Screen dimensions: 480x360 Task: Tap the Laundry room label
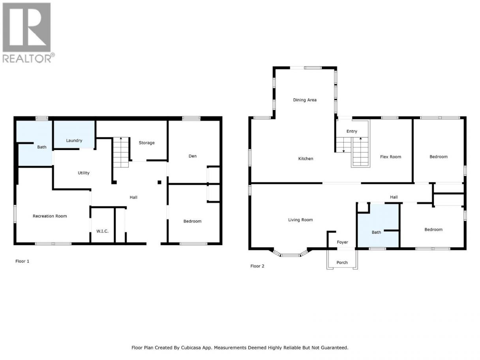tap(74, 141)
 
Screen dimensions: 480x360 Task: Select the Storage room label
tap(146, 143)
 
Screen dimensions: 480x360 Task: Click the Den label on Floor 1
tap(193, 156)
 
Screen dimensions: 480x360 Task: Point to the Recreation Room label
tap(50, 216)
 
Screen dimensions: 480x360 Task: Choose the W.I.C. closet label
tap(102, 231)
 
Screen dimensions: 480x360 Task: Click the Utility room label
tap(84, 173)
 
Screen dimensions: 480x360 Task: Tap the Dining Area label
tap(305, 100)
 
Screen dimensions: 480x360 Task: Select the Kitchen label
tap(306, 159)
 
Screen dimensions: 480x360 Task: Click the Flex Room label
tap(390, 157)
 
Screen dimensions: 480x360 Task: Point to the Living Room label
tap(300, 220)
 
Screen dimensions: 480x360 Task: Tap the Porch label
tap(342, 262)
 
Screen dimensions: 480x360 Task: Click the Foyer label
tap(343, 242)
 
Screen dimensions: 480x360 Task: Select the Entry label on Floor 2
tap(352, 131)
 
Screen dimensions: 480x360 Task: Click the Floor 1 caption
tap(22, 261)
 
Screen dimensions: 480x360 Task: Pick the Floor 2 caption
tap(257, 266)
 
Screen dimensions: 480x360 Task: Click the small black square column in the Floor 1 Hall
tap(159, 182)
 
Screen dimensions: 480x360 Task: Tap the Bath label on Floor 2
tap(376, 232)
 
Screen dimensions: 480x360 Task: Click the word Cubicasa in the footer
tap(191, 348)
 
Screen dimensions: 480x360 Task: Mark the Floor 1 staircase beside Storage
tap(121, 152)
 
